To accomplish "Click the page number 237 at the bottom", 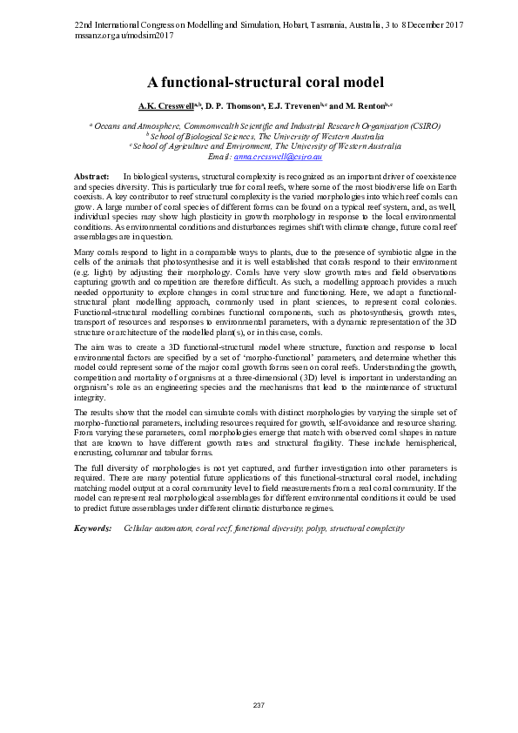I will (x=259, y=703).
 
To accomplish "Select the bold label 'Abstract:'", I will (x=92, y=177).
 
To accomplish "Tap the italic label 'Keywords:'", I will (x=92, y=528).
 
